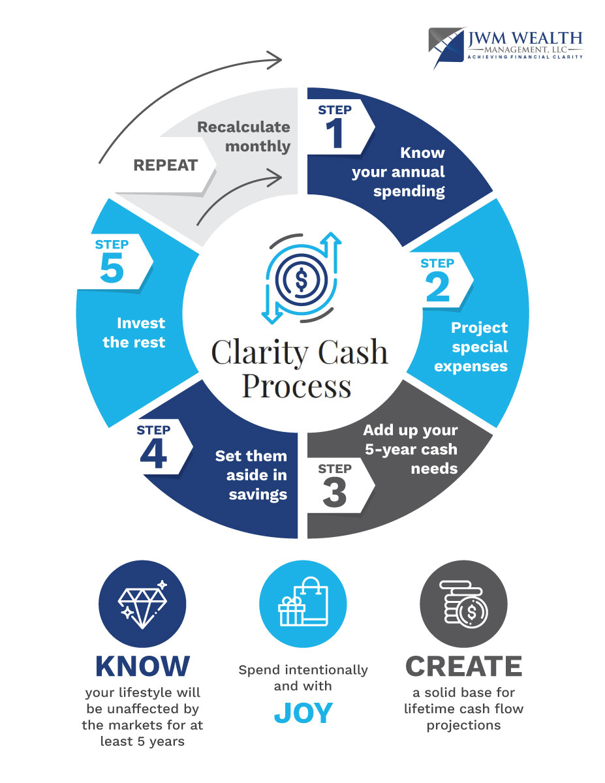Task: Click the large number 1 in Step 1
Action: pos(334,134)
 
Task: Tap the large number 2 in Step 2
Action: pos(437,287)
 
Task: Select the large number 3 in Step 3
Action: pos(334,493)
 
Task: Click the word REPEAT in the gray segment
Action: pos(165,165)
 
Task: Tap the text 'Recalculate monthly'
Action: pos(244,136)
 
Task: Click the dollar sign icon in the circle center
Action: pos(301,279)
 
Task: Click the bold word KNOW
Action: pos(142,666)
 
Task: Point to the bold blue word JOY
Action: pos(303,714)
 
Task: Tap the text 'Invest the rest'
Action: pos(134,332)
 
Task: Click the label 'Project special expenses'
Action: pos(471,346)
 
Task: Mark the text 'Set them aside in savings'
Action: pos(251,474)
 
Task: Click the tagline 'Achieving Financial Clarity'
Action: pos(524,57)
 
